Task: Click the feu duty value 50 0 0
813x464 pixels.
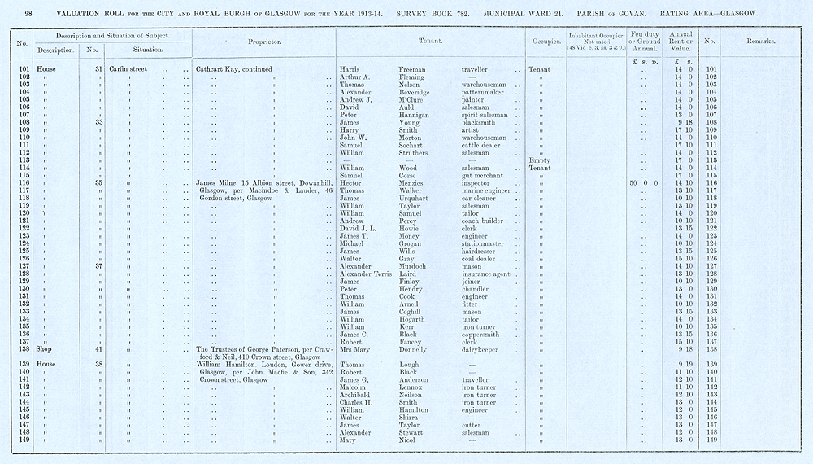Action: (x=642, y=184)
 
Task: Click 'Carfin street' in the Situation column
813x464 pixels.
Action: (x=128, y=69)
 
